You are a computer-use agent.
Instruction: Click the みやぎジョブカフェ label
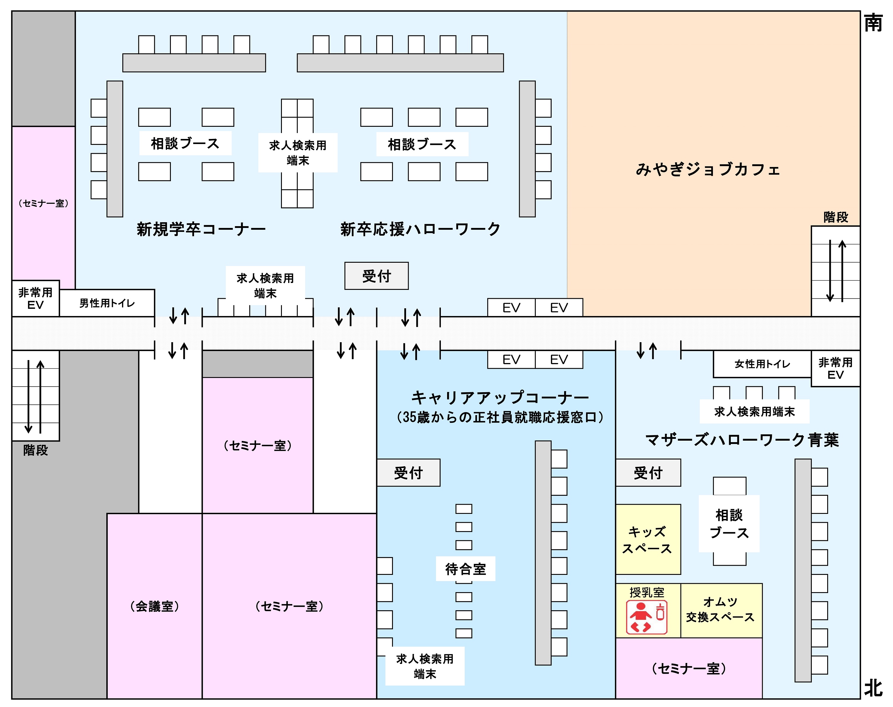(x=708, y=170)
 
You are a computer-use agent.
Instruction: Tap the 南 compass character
(x=874, y=23)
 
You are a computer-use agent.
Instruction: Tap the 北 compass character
(x=874, y=688)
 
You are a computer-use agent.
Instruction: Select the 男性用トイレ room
(x=107, y=303)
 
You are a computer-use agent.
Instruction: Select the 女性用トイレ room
(x=762, y=364)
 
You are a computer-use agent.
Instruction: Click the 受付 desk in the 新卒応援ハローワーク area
(x=376, y=276)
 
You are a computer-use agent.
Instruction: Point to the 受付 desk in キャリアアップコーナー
(x=408, y=472)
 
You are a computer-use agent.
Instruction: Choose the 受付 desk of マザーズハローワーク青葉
(x=648, y=472)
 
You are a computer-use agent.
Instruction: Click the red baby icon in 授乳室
(x=647, y=617)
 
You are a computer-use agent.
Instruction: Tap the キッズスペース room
(x=648, y=539)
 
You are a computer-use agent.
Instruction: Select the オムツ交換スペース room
(x=721, y=611)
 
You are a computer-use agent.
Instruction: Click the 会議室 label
(x=154, y=606)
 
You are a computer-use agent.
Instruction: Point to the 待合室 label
(x=465, y=569)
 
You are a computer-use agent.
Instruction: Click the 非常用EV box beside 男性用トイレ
(x=36, y=298)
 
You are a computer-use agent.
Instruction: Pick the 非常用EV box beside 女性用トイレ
(x=836, y=368)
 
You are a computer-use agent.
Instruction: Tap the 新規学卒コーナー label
(x=201, y=229)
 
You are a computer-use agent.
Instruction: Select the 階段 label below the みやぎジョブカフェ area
(x=836, y=217)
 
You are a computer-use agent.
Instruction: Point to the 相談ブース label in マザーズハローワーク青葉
(x=729, y=524)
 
